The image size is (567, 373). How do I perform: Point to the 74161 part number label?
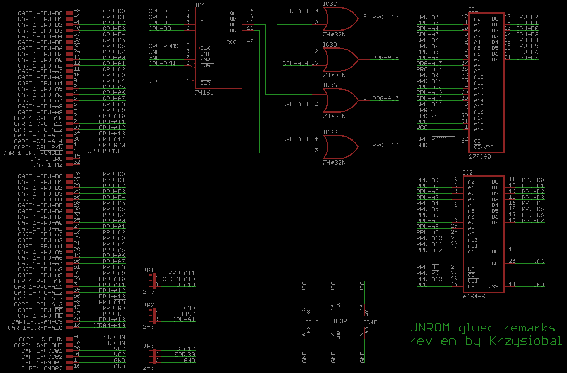(204, 93)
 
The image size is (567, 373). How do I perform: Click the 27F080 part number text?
(480, 157)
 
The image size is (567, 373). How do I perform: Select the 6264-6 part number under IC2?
(474, 297)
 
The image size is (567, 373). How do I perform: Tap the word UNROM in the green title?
(430, 328)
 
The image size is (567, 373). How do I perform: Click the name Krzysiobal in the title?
(525, 341)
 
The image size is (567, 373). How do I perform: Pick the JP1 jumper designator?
(149, 270)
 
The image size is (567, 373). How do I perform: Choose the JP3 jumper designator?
(149, 345)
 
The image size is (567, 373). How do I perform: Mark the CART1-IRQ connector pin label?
(46, 159)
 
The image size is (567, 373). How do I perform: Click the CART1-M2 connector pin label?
(47, 165)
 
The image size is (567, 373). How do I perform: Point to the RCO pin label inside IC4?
(231, 42)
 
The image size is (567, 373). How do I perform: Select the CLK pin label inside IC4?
(205, 48)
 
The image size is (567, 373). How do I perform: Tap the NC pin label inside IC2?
(494, 252)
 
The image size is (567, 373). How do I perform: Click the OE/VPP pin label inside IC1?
(483, 147)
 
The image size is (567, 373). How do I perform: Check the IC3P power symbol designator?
(340, 321)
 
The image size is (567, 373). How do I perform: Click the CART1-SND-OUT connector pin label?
(38, 345)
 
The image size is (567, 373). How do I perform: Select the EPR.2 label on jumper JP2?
(187, 314)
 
